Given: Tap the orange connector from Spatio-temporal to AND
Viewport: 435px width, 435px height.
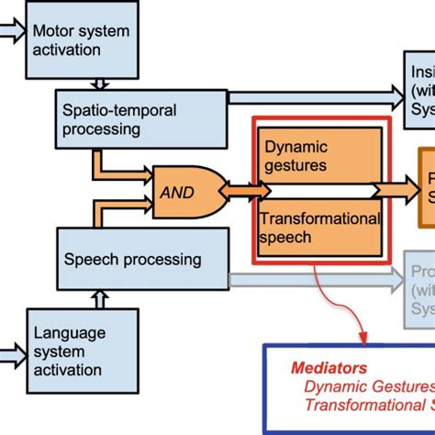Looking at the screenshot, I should [x=110, y=169].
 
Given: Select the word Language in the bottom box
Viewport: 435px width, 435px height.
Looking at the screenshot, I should [x=68, y=332].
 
